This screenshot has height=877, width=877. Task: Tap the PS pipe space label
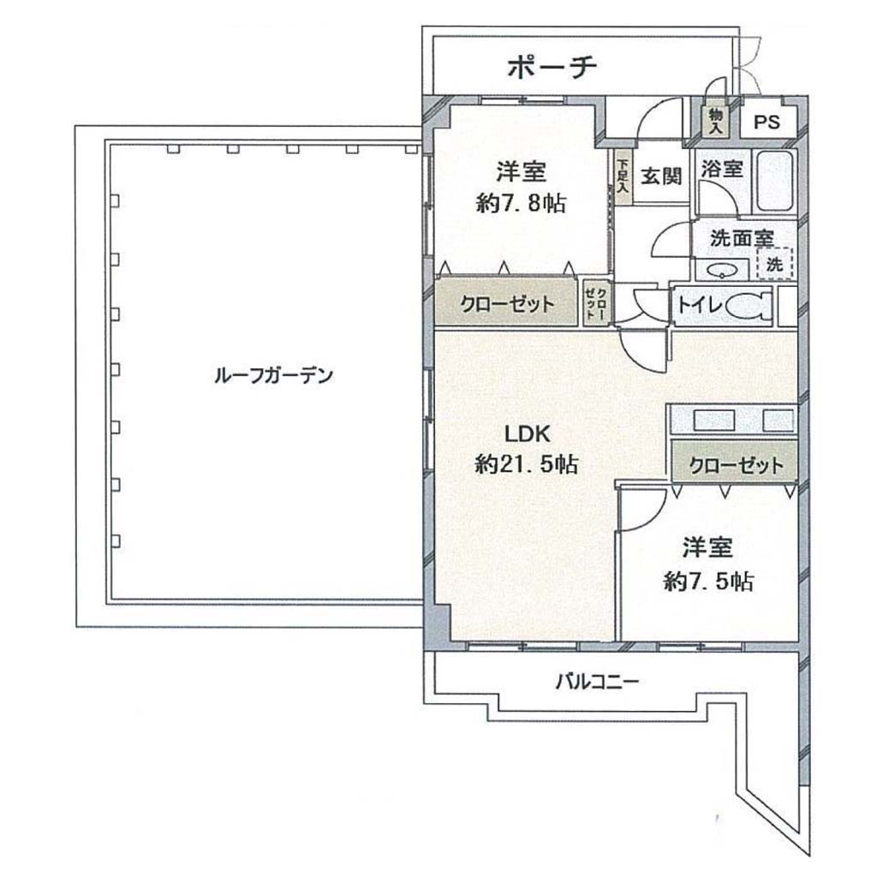(x=767, y=122)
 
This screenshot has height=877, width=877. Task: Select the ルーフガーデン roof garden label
(x=273, y=375)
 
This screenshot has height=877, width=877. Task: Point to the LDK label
(x=528, y=433)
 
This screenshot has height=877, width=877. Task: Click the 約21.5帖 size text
(x=527, y=463)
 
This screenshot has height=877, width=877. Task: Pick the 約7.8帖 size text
(x=522, y=203)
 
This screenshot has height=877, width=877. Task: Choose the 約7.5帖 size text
(x=708, y=582)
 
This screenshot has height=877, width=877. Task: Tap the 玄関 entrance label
(x=661, y=176)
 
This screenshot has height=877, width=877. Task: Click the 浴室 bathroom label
(x=722, y=169)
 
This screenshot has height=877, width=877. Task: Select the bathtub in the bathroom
(x=774, y=181)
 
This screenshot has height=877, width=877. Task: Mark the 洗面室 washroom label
(x=742, y=239)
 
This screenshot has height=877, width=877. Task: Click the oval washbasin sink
(x=721, y=271)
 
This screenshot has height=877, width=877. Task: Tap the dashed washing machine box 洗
(x=775, y=264)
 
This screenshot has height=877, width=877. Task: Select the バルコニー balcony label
(x=597, y=682)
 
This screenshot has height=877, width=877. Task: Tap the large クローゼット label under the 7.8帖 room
(x=507, y=304)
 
